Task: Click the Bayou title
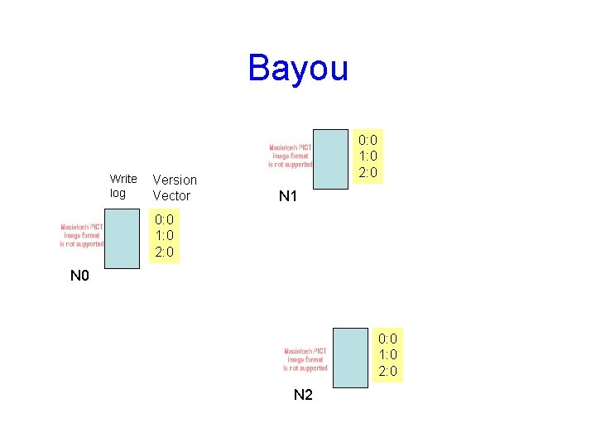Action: [298, 68]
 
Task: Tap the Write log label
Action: [123, 186]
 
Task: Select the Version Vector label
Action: [175, 188]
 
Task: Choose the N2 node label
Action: [303, 395]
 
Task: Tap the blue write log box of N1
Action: [333, 159]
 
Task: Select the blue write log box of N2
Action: [348, 357]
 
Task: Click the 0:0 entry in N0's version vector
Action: [164, 220]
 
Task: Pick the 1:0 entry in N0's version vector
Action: [164, 236]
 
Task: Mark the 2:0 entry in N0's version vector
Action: [164, 252]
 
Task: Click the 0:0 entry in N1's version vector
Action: [368, 140]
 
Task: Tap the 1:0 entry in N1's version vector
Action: [368, 156]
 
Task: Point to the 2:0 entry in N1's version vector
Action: [368, 172]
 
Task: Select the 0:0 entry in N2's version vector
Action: [387, 339]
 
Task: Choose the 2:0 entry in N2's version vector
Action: [387, 371]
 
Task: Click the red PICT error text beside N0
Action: [82, 235]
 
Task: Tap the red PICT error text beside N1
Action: [291, 156]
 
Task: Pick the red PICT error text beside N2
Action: [305, 359]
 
